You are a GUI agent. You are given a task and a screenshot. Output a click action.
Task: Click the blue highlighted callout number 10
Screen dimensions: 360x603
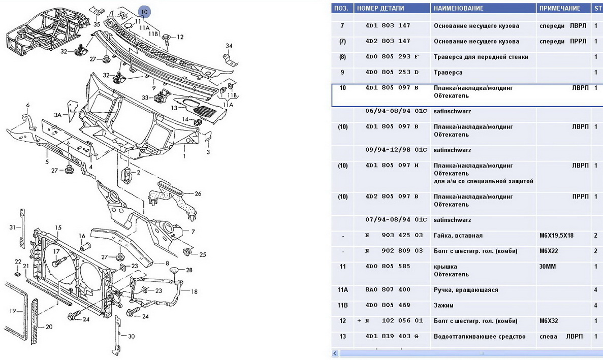click(x=144, y=11)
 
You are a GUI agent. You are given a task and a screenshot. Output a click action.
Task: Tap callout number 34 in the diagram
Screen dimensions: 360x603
click(x=229, y=46)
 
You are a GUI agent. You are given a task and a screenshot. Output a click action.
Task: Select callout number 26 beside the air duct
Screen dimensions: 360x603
click(x=198, y=193)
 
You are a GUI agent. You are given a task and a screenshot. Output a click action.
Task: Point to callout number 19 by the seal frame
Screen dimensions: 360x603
click(x=13, y=311)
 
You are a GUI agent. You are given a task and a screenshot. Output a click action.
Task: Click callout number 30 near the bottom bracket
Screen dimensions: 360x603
click(x=131, y=336)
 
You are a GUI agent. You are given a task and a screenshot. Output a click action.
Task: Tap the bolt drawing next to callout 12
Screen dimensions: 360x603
click(x=166, y=37)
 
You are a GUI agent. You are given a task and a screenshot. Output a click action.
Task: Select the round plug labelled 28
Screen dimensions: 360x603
click(x=174, y=270)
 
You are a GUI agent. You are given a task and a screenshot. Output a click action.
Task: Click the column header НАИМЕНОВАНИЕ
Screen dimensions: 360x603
click(x=459, y=8)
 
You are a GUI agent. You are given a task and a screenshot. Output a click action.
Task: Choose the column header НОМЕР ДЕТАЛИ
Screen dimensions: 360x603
click(x=380, y=8)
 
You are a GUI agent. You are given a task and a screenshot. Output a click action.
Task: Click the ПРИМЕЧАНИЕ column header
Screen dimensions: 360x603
click(x=560, y=8)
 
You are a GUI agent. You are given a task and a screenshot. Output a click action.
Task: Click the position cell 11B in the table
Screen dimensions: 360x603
click(x=342, y=306)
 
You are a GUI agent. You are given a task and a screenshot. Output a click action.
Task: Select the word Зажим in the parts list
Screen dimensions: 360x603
click(x=443, y=306)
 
